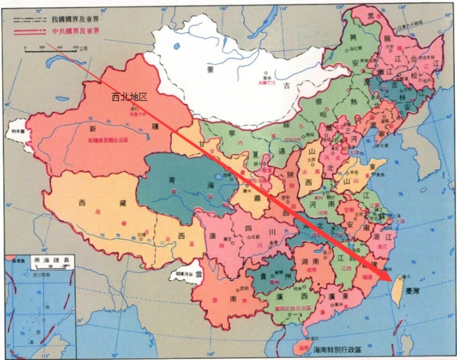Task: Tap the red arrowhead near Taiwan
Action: [388, 275]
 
